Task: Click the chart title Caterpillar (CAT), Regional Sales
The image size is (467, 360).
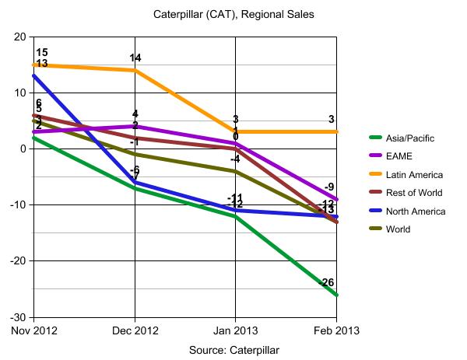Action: [233, 14]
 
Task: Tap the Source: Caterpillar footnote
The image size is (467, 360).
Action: [233, 349]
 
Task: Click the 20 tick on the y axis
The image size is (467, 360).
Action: [19, 37]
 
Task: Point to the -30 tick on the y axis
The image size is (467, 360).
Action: [17, 317]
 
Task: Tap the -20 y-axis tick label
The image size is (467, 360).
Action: [17, 261]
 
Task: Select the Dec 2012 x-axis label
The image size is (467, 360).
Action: [134, 330]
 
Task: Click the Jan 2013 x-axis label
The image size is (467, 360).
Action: [235, 330]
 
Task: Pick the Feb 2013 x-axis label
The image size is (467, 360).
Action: [335, 330]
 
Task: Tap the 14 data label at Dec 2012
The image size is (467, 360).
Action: [135, 58]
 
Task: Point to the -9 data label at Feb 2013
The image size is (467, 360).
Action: [329, 187]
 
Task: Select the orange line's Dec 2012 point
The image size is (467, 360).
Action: [135, 70]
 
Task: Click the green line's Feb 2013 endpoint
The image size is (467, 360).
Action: [336, 295]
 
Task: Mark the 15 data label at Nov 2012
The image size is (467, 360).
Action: [42, 53]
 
